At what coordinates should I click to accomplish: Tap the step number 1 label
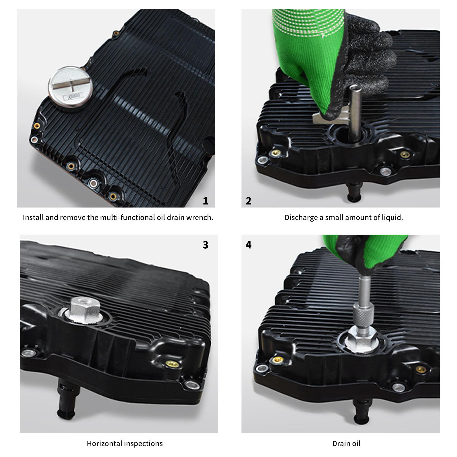point(205,201)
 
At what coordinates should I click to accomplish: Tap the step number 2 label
point(248,201)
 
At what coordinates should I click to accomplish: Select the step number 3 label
point(205,245)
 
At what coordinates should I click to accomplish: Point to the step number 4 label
point(248,245)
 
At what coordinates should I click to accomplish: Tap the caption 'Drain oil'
point(346,444)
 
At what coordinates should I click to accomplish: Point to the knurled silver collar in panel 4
point(362,322)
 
